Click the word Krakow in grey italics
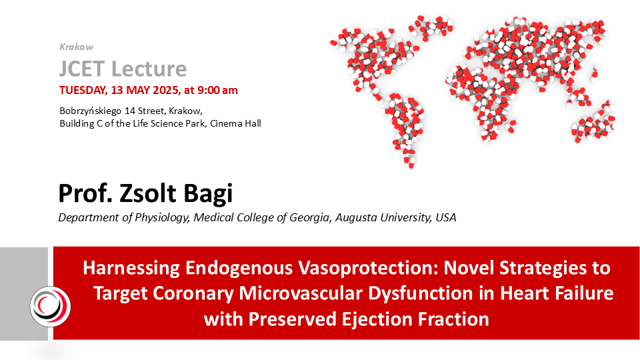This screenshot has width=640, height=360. (x=76, y=47)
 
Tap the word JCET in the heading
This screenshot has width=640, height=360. (x=82, y=69)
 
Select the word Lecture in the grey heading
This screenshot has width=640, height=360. (x=149, y=69)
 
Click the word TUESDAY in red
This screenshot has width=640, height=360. (x=83, y=90)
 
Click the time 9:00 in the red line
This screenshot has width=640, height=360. (x=209, y=90)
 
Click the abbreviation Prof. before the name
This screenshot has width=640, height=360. (x=85, y=193)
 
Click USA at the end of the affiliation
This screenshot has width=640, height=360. (x=446, y=217)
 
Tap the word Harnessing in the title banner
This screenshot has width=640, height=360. (x=131, y=268)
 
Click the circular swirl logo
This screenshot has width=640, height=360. (x=50, y=307)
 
